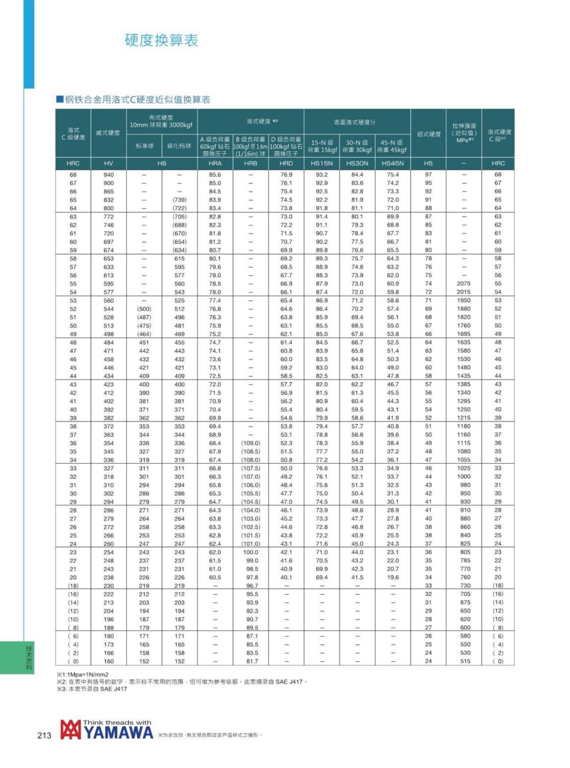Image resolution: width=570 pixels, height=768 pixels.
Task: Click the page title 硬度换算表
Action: [161, 40]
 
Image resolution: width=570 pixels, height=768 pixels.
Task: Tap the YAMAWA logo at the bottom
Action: [107, 730]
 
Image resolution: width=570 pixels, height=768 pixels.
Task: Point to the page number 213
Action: [44, 735]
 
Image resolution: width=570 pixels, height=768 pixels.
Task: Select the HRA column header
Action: [215, 163]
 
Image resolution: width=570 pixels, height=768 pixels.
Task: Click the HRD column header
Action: [286, 163]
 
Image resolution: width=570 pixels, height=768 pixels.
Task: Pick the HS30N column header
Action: [357, 163]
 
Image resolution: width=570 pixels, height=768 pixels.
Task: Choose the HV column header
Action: [108, 163]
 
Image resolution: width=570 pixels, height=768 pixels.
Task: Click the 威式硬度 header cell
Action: [108, 133]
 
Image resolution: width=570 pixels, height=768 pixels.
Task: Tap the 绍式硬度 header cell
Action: [428, 134]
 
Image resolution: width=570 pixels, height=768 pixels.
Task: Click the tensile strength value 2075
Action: [464, 283]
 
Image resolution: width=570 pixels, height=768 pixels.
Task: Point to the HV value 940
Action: [108, 174]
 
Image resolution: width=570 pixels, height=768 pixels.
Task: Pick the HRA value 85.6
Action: [215, 174]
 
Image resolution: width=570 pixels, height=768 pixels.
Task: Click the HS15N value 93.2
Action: [322, 174]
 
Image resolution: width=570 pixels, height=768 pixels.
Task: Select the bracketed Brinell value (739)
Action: [179, 200]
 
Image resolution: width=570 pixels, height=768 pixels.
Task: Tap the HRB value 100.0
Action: [250, 552]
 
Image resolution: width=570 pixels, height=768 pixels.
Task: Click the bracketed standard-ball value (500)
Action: [144, 309]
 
